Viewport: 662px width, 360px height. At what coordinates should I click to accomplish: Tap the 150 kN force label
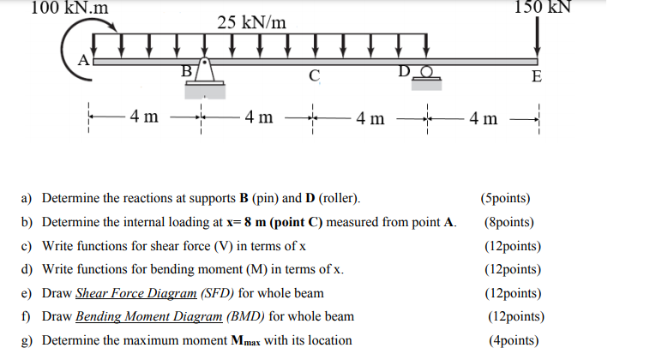click(x=542, y=8)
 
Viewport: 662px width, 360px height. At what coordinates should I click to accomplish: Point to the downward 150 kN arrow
click(x=538, y=39)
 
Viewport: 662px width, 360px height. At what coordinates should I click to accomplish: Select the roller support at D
click(x=424, y=76)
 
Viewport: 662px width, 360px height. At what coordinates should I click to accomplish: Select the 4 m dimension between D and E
click(x=483, y=117)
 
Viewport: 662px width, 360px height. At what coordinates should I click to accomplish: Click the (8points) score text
click(x=512, y=223)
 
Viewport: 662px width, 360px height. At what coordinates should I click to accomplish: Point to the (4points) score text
click(x=513, y=340)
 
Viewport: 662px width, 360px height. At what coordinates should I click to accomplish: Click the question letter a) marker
click(x=27, y=199)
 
